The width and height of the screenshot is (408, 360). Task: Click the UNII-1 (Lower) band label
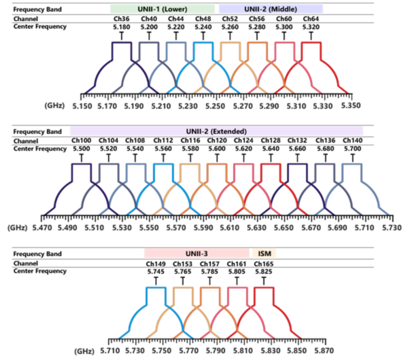pos(163,10)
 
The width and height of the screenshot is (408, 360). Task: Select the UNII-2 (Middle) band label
pos(271,10)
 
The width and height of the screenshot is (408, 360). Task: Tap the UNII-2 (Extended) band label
pos(216,131)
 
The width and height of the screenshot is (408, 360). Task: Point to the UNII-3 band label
pos(197,253)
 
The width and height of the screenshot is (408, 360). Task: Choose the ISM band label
pos(264,253)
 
